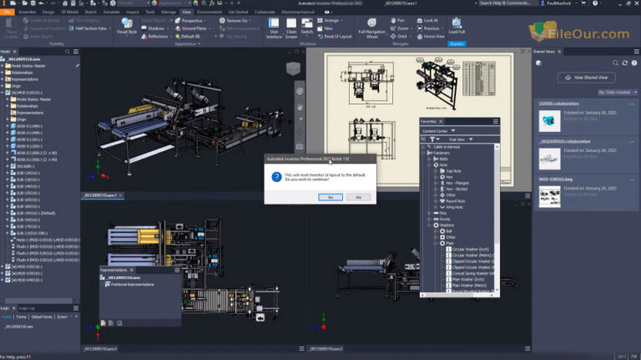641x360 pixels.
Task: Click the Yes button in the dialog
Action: [331, 196]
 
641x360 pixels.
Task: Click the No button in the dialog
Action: [358, 196]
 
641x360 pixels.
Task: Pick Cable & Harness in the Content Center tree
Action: [445, 146]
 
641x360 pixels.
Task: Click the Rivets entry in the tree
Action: [445, 219]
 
